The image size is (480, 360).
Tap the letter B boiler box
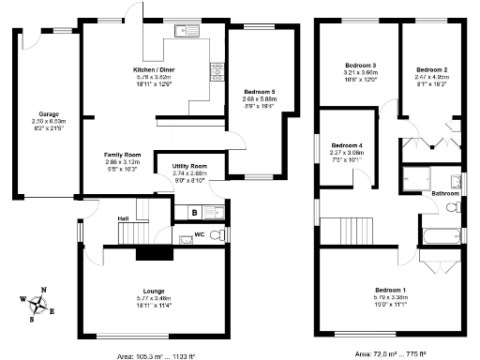(x=193, y=213)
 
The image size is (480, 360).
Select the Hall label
(x=123, y=218)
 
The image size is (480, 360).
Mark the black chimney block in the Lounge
(x=150, y=251)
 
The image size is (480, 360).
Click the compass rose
(x=37, y=303)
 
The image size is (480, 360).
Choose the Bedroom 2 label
(x=431, y=70)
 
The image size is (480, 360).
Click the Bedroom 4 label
(x=346, y=145)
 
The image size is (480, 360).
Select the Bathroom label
(x=444, y=193)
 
